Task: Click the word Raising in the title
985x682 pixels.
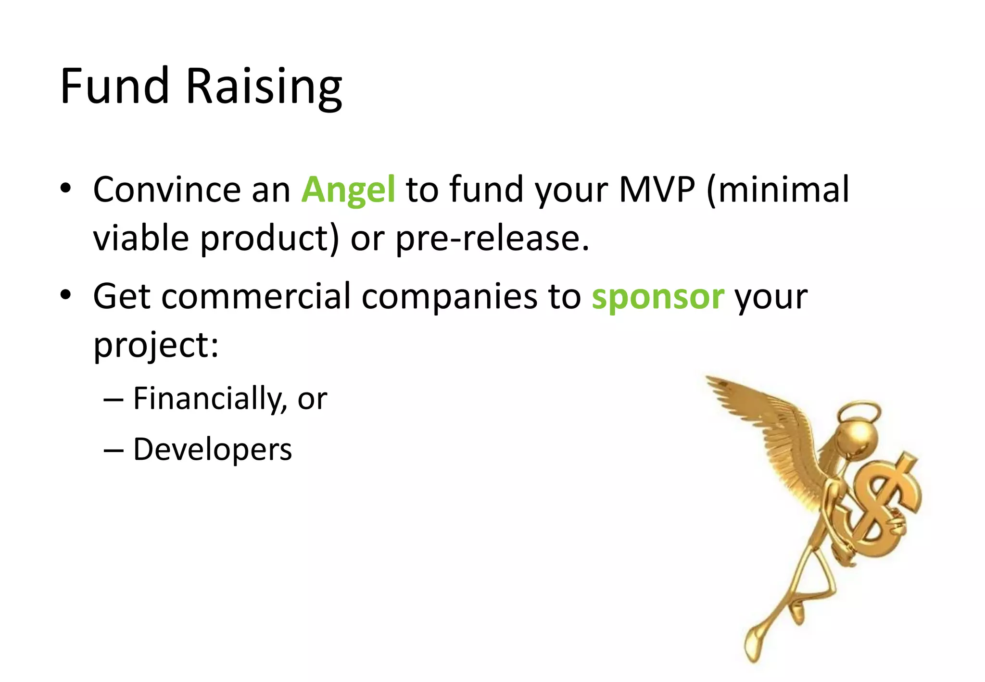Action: [264, 88]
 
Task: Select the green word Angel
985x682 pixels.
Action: [348, 190]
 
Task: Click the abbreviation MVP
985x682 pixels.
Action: [657, 189]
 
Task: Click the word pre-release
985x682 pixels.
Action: [492, 239]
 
